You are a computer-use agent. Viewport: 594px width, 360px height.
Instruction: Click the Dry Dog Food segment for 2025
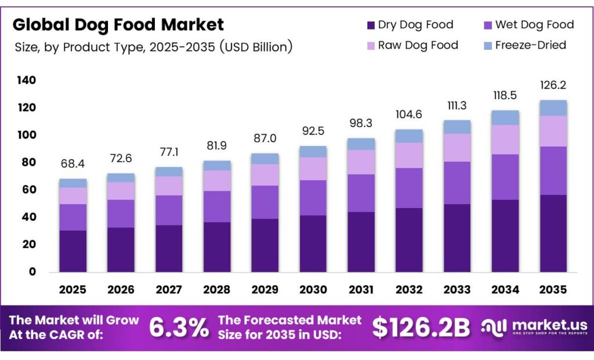[73, 251]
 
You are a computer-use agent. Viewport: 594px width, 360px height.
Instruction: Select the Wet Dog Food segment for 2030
[313, 198]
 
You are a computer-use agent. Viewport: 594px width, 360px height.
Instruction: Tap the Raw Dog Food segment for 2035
[553, 131]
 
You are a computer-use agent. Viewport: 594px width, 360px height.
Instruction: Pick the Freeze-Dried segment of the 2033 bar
[457, 127]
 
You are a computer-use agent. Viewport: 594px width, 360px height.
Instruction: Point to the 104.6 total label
[409, 114]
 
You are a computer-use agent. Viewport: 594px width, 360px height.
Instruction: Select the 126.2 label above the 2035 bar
[553, 85]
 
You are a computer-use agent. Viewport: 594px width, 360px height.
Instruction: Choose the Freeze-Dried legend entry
[530, 45]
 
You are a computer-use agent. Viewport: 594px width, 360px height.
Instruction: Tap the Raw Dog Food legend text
[418, 45]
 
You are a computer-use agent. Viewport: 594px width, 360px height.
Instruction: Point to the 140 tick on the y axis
[26, 80]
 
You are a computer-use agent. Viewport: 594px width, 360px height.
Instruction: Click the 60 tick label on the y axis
[28, 190]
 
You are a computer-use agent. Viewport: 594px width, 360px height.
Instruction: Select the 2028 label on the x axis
[217, 289]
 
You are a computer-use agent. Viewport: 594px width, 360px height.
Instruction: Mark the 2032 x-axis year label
[409, 289]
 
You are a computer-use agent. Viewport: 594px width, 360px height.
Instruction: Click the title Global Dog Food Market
[118, 24]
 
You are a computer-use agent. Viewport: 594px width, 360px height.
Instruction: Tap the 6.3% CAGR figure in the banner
[179, 328]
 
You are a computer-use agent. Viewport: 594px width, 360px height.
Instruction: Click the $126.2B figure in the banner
[421, 328]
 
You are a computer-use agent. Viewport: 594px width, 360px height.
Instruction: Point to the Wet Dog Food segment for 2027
[169, 210]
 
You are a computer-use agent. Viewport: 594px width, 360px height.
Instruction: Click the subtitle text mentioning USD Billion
[153, 47]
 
